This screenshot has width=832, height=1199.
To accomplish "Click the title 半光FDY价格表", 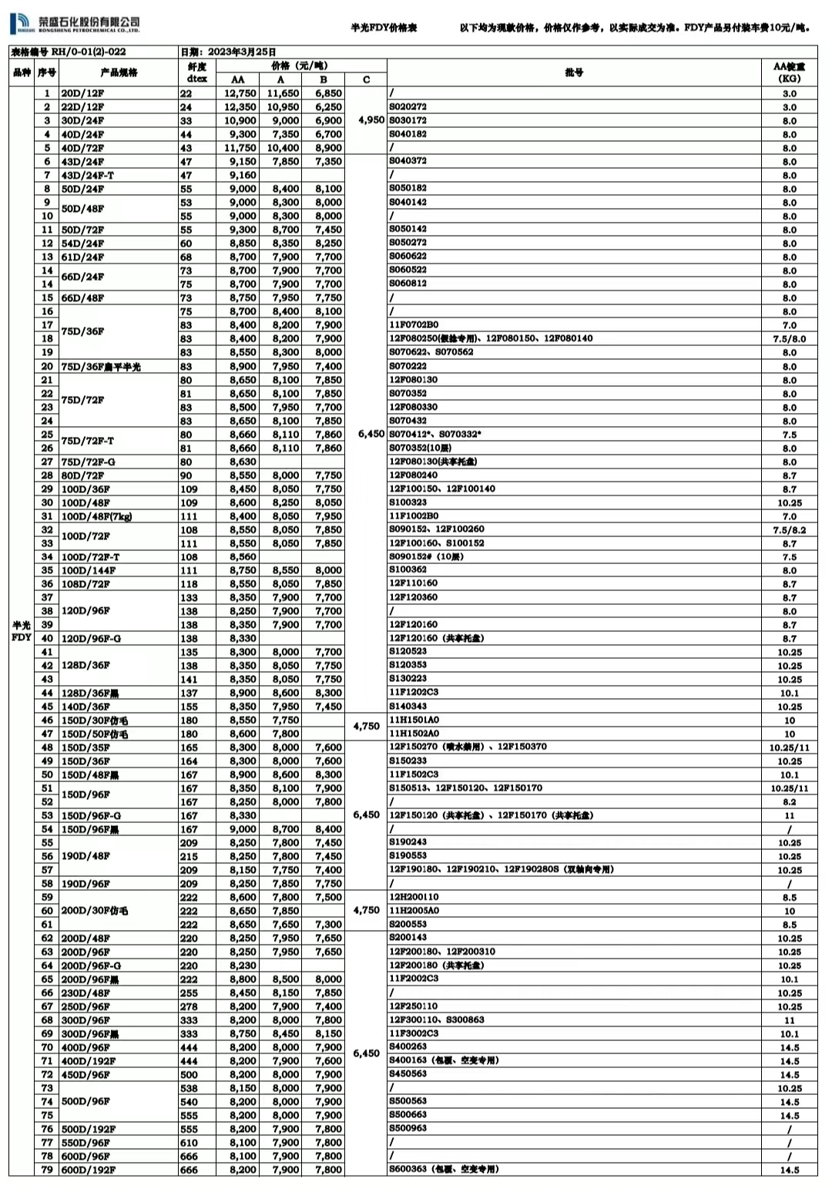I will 384,28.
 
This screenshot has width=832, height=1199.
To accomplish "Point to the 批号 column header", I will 574,72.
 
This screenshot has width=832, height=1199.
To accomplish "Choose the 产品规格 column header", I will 119,72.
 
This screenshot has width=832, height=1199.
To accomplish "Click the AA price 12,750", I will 240,93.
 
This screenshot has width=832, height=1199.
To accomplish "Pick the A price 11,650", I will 283,93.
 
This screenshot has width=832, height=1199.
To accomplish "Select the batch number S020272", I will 408,107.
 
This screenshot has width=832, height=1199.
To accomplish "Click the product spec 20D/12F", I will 82,93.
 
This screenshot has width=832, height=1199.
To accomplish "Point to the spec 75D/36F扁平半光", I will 101,366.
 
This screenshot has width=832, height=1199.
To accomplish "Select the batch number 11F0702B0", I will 414,324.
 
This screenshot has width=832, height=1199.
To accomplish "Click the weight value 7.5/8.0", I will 790,339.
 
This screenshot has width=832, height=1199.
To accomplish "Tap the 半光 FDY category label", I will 22,631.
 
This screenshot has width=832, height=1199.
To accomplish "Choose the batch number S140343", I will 408,706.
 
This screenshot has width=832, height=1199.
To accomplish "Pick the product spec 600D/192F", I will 89,1170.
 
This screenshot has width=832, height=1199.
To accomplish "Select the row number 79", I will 47,1170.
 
